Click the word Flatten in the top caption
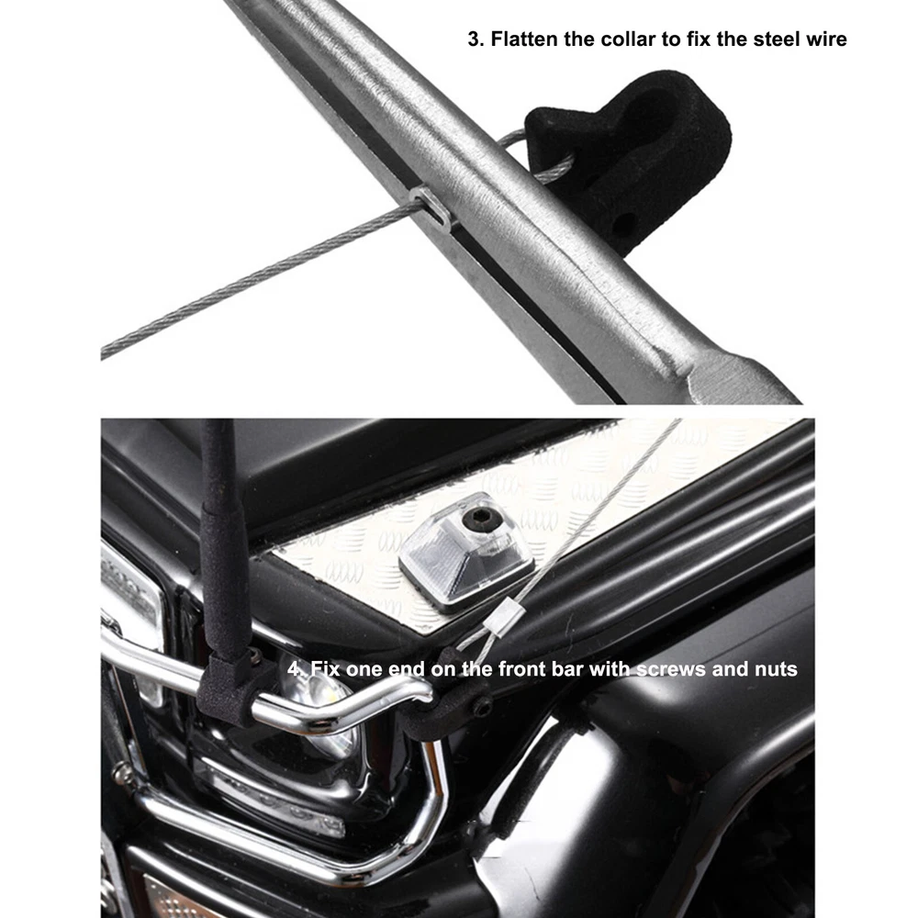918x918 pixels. pyautogui.click(x=524, y=39)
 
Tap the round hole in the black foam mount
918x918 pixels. pyautogui.click(x=625, y=222)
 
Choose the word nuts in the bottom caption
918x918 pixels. pyautogui.click(x=776, y=669)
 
